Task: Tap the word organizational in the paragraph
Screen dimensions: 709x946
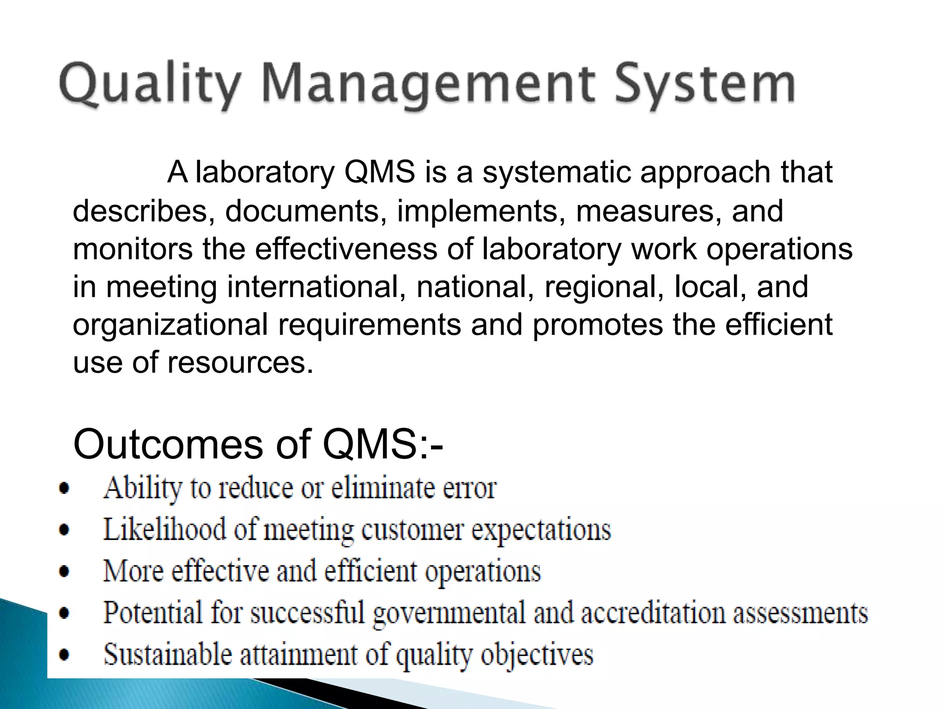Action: (170, 325)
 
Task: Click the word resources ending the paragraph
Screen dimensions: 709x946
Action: (240, 362)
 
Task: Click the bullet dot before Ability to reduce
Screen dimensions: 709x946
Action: (65, 488)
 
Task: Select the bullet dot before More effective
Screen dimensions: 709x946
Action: (65, 572)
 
